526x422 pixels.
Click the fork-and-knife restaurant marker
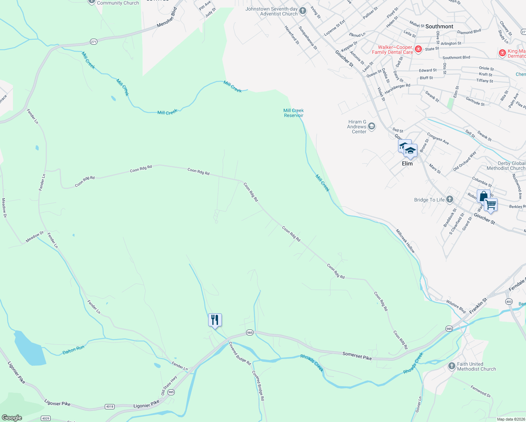pyautogui.click(x=215, y=320)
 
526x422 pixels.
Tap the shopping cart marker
pyautogui.click(x=490, y=204)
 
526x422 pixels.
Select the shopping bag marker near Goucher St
pyautogui.click(x=483, y=196)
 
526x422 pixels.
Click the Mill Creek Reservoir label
pyautogui.click(x=294, y=113)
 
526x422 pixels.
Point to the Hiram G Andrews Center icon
pyautogui.click(x=372, y=127)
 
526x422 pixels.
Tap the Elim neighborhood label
pyautogui.click(x=407, y=164)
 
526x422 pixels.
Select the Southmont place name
pyautogui.click(x=439, y=26)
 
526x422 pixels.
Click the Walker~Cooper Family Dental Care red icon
pyautogui.click(x=418, y=49)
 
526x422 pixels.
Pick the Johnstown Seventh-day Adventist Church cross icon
pyautogui.click(x=303, y=11)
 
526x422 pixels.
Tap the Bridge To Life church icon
pyautogui.click(x=450, y=200)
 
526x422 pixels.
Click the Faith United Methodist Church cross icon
pyautogui.click(x=452, y=366)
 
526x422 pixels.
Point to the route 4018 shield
pyautogui.click(x=110, y=407)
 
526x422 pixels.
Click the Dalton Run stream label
pyautogui.click(x=73, y=350)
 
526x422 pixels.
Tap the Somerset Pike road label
pyautogui.click(x=357, y=356)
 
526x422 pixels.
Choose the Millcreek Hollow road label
pyautogui.click(x=405, y=241)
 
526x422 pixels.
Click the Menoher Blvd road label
pyautogui.click(x=167, y=18)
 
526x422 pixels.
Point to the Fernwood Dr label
pyautogui.click(x=481, y=391)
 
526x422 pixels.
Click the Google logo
pyautogui.click(x=12, y=417)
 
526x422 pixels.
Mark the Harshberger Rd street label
pyautogui.click(x=397, y=89)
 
